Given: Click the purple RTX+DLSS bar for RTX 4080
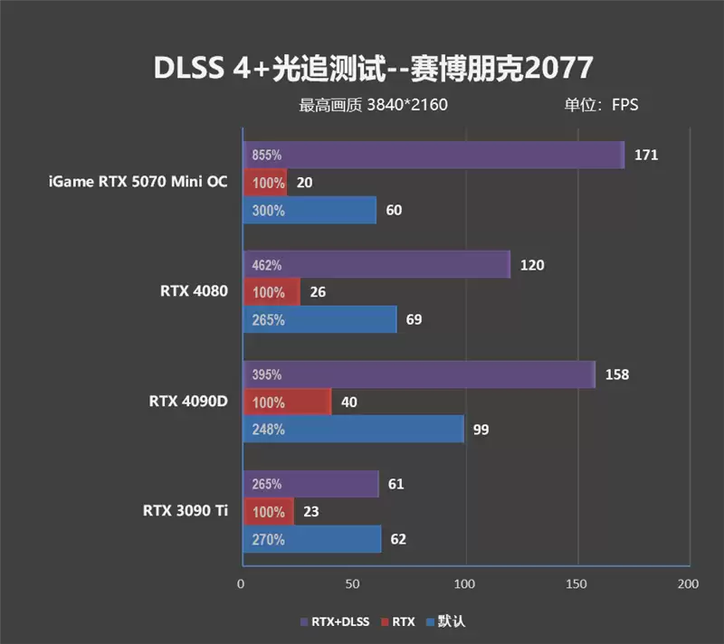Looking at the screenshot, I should point(376,265).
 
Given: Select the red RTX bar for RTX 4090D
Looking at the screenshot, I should point(287,402).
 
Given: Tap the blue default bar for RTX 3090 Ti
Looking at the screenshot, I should point(311,539).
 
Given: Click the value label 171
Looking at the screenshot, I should point(645,155).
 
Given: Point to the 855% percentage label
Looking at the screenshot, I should point(267,156).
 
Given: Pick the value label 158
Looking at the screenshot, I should point(616,374).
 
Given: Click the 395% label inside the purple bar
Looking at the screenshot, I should point(267,374).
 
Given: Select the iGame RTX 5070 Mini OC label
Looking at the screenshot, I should point(138,182).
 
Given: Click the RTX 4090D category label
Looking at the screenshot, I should point(188,401).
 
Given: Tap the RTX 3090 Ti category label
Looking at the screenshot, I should point(185,510).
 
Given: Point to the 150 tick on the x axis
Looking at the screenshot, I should point(577,584).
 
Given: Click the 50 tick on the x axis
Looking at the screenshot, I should point(353,584).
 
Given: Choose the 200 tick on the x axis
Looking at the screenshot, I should point(689,584).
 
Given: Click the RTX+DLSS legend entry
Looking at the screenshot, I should point(336,621).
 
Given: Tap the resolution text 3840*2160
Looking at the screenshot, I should point(407,105).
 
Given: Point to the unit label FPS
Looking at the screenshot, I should point(624,105).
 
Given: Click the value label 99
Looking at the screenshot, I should point(481,430).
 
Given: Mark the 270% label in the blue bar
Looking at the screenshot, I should point(267,540).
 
